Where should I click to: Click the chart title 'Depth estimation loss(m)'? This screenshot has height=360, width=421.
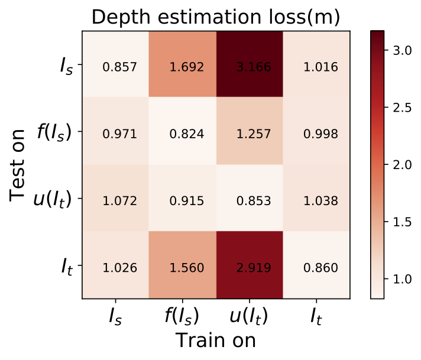coord(215,17)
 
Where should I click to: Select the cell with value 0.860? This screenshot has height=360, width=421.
coord(316,268)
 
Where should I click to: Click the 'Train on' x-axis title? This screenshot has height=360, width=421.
coord(215,341)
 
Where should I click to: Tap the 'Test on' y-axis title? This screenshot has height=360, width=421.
coord(20,167)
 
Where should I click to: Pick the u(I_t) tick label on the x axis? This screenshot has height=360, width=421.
coord(248,317)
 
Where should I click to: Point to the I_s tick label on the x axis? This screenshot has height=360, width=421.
coord(116,317)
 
